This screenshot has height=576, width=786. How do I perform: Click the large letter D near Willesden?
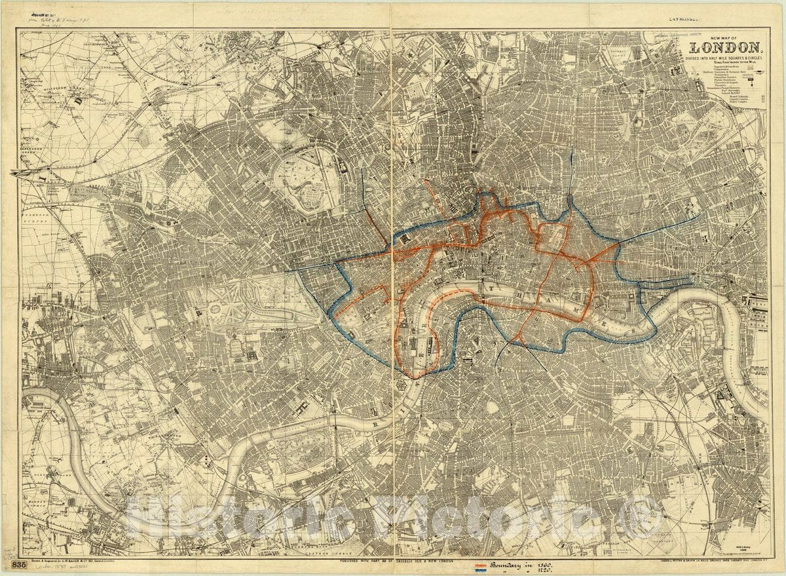[77, 102]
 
